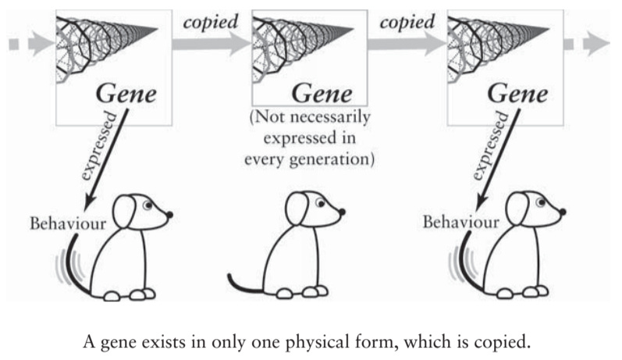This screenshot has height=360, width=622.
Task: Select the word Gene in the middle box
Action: (x=322, y=93)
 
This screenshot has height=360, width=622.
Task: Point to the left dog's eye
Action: (x=148, y=206)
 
